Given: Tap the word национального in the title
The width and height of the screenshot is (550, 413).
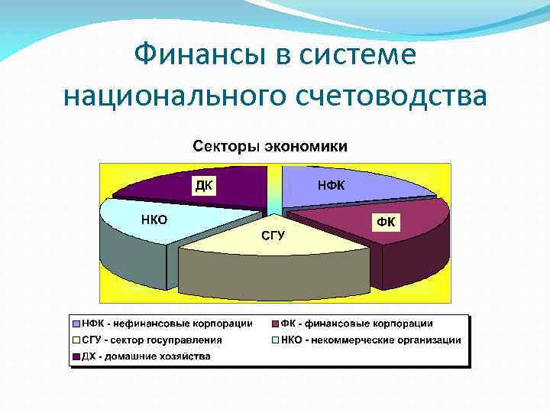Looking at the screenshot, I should point(176,96).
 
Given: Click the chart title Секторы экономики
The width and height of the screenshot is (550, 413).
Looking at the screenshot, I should point(269,145).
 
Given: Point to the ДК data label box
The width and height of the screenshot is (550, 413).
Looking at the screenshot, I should point(204,185).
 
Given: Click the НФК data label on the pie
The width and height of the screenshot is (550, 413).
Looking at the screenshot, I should point(331,185).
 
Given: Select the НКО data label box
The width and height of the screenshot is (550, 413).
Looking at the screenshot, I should point(154,220).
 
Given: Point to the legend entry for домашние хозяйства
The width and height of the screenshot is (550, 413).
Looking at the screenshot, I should point(141,356).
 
